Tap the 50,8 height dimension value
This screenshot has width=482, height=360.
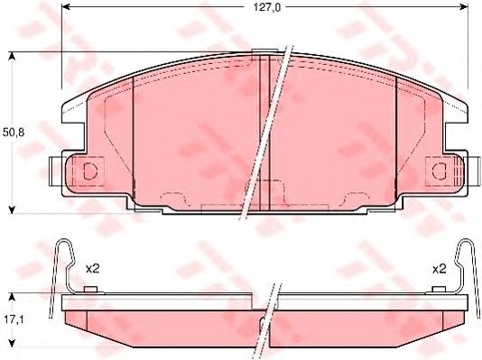[12, 131]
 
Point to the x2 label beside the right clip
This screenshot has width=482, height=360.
[440, 268]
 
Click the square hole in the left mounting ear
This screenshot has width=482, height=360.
[89, 170]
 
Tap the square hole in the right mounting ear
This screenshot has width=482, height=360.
[440, 170]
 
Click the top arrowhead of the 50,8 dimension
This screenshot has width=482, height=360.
[12, 57]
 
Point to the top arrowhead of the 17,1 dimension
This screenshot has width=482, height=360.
[12, 296]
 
